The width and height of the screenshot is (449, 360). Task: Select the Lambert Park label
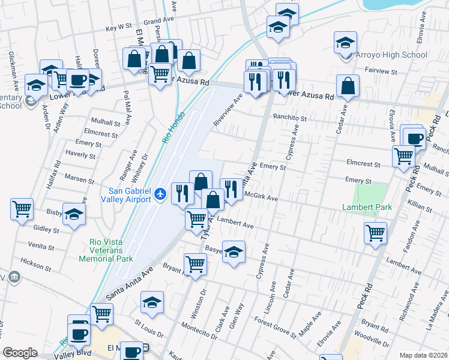pos(367,208)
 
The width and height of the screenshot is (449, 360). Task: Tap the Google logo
pos(20,353)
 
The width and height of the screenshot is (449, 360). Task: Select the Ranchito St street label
pos(290,118)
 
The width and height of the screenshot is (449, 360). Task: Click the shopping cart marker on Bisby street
pos(22,210)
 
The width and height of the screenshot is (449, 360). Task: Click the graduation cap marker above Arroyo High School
pos(345,43)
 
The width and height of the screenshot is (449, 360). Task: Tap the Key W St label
pos(118,28)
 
